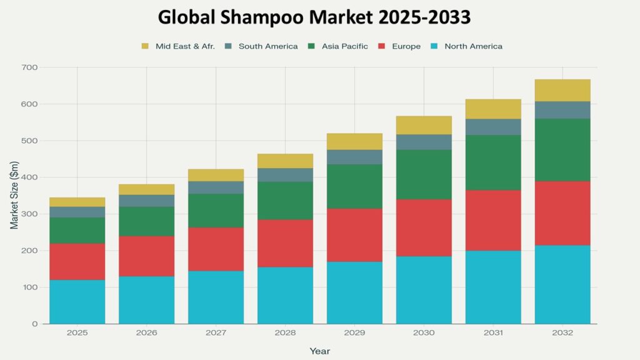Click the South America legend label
pyautogui.click(x=268, y=46)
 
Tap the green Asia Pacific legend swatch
pyautogui.click(x=311, y=46)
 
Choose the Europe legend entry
pyautogui.click(x=406, y=46)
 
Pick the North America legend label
pyautogui.click(x=473, y=46)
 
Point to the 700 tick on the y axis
pyautogui.click(x=29, y=67)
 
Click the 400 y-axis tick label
pyautogui.click(x=29, y=177)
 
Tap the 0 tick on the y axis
pyautogui.click(x=35, y=324)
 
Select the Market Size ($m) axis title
pyautogui.click(x=14, y=196)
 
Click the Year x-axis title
pyautogui.click(x=319, y=351)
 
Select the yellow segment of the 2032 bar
pyautogui.click(x=562, y=91)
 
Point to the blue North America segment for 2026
pyautogui.click(x=147, y=300)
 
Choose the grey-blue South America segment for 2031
pyautogui.click(x=493, y=127)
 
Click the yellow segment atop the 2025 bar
pyautogui.click(x=77, y=202)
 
